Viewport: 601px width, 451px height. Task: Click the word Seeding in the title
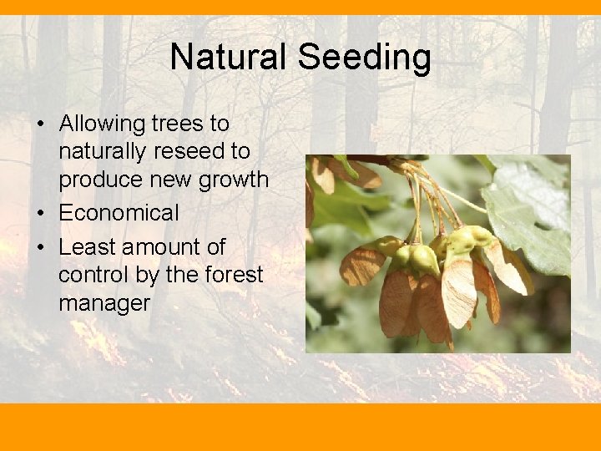[364, 58]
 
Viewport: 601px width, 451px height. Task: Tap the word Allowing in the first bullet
[102, 124]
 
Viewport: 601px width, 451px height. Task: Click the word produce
[99, 180]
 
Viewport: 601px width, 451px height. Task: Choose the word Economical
[119, 213]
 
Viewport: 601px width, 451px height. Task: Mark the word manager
[104, 302]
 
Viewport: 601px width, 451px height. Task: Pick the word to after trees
[219, 124]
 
